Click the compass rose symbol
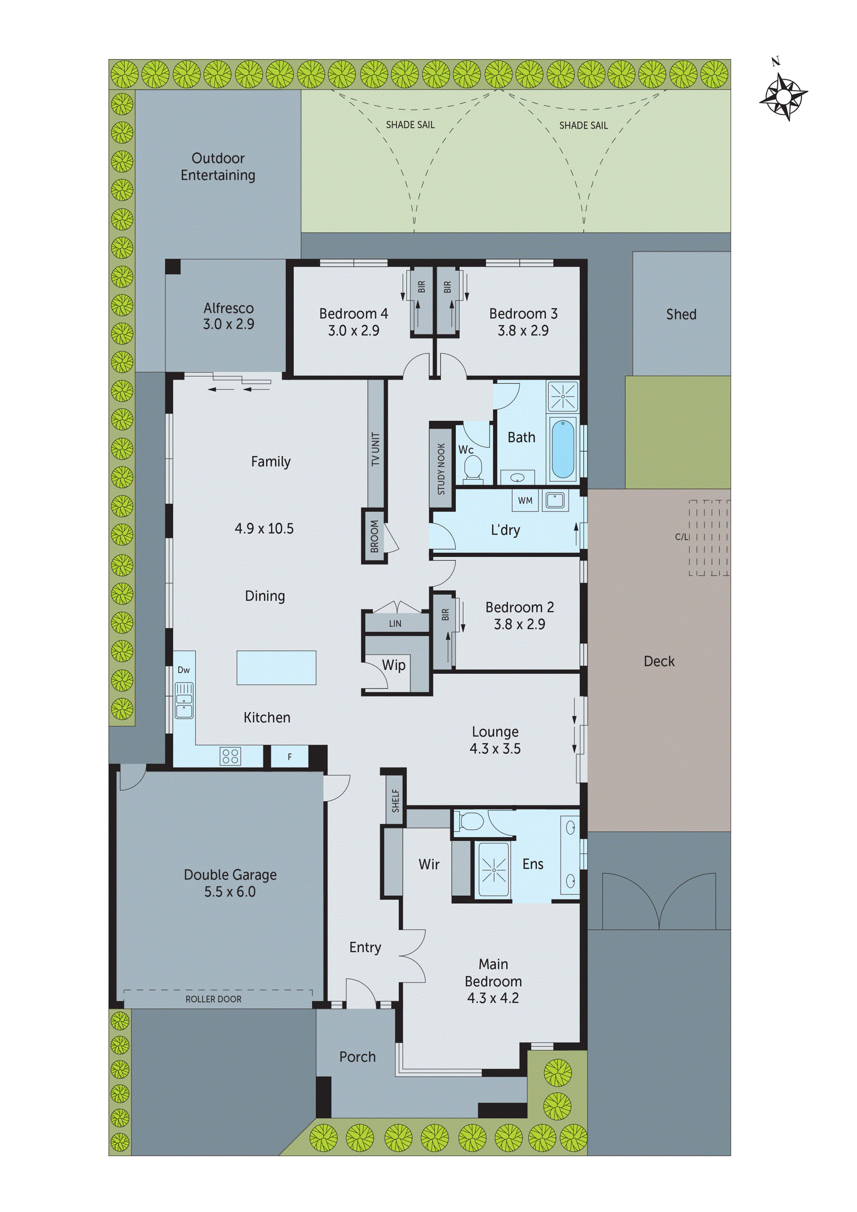[783, 97]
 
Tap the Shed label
[681, 315]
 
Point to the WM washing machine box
[525, 500]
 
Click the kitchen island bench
[276, 668]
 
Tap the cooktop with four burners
[231, 756]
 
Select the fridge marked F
[289, 757]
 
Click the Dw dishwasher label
[183, 670]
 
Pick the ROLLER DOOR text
[213, 999]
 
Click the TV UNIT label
[376, 449]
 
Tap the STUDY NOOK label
[441, 469]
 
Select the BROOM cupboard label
[374, 536]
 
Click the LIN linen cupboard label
[395, 624]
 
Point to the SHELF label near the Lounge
[396, 801]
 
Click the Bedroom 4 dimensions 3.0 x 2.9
[353, 331]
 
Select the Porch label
[358, 1057]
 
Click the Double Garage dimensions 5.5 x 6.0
[229, 892]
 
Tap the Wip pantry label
[393, 665]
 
